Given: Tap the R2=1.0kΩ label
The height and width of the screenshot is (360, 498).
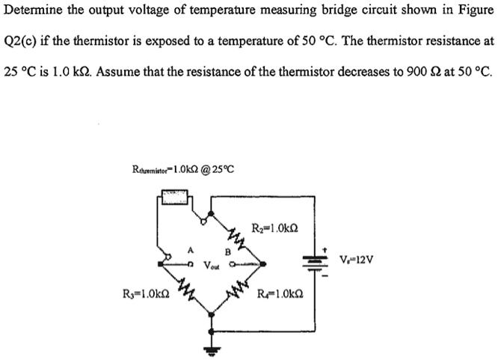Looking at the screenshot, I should [276, 228].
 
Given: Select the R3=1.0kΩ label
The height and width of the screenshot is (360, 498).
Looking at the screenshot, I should [144, 293].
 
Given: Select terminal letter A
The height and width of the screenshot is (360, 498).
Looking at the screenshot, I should [191, 252].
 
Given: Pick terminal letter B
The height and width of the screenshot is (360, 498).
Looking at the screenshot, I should [226, 252].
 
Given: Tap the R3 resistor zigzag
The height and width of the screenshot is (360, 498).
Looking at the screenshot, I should [188, 287].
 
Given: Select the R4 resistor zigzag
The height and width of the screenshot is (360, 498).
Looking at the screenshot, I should [236, 287].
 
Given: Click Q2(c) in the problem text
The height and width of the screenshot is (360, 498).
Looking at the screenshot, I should [22, 42].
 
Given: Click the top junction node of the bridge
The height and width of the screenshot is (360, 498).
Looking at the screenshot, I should [211, 213].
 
